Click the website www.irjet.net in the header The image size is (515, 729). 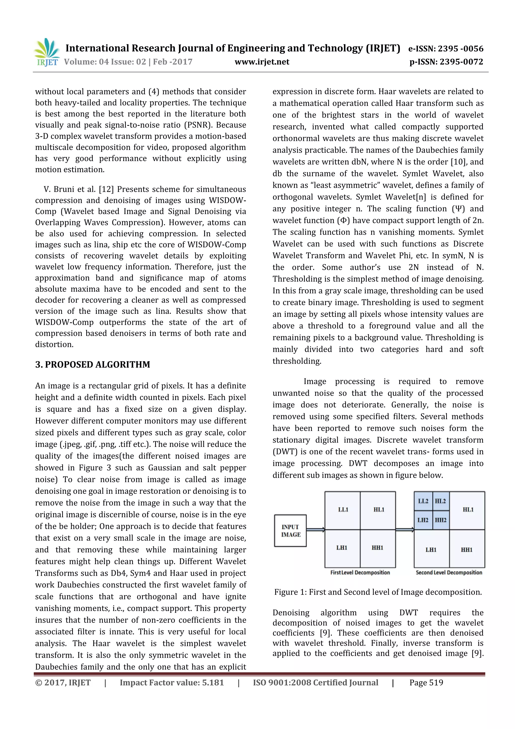262,62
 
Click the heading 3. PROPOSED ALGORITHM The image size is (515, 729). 93,364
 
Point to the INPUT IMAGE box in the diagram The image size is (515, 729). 290,530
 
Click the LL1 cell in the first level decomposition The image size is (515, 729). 343,510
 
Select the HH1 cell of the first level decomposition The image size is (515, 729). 378,548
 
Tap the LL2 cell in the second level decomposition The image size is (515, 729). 423,501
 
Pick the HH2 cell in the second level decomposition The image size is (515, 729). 441,520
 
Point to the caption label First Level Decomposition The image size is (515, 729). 360,572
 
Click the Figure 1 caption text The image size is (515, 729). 378,592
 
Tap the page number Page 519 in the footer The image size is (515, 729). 426,683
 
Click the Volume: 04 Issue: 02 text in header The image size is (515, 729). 105,62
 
